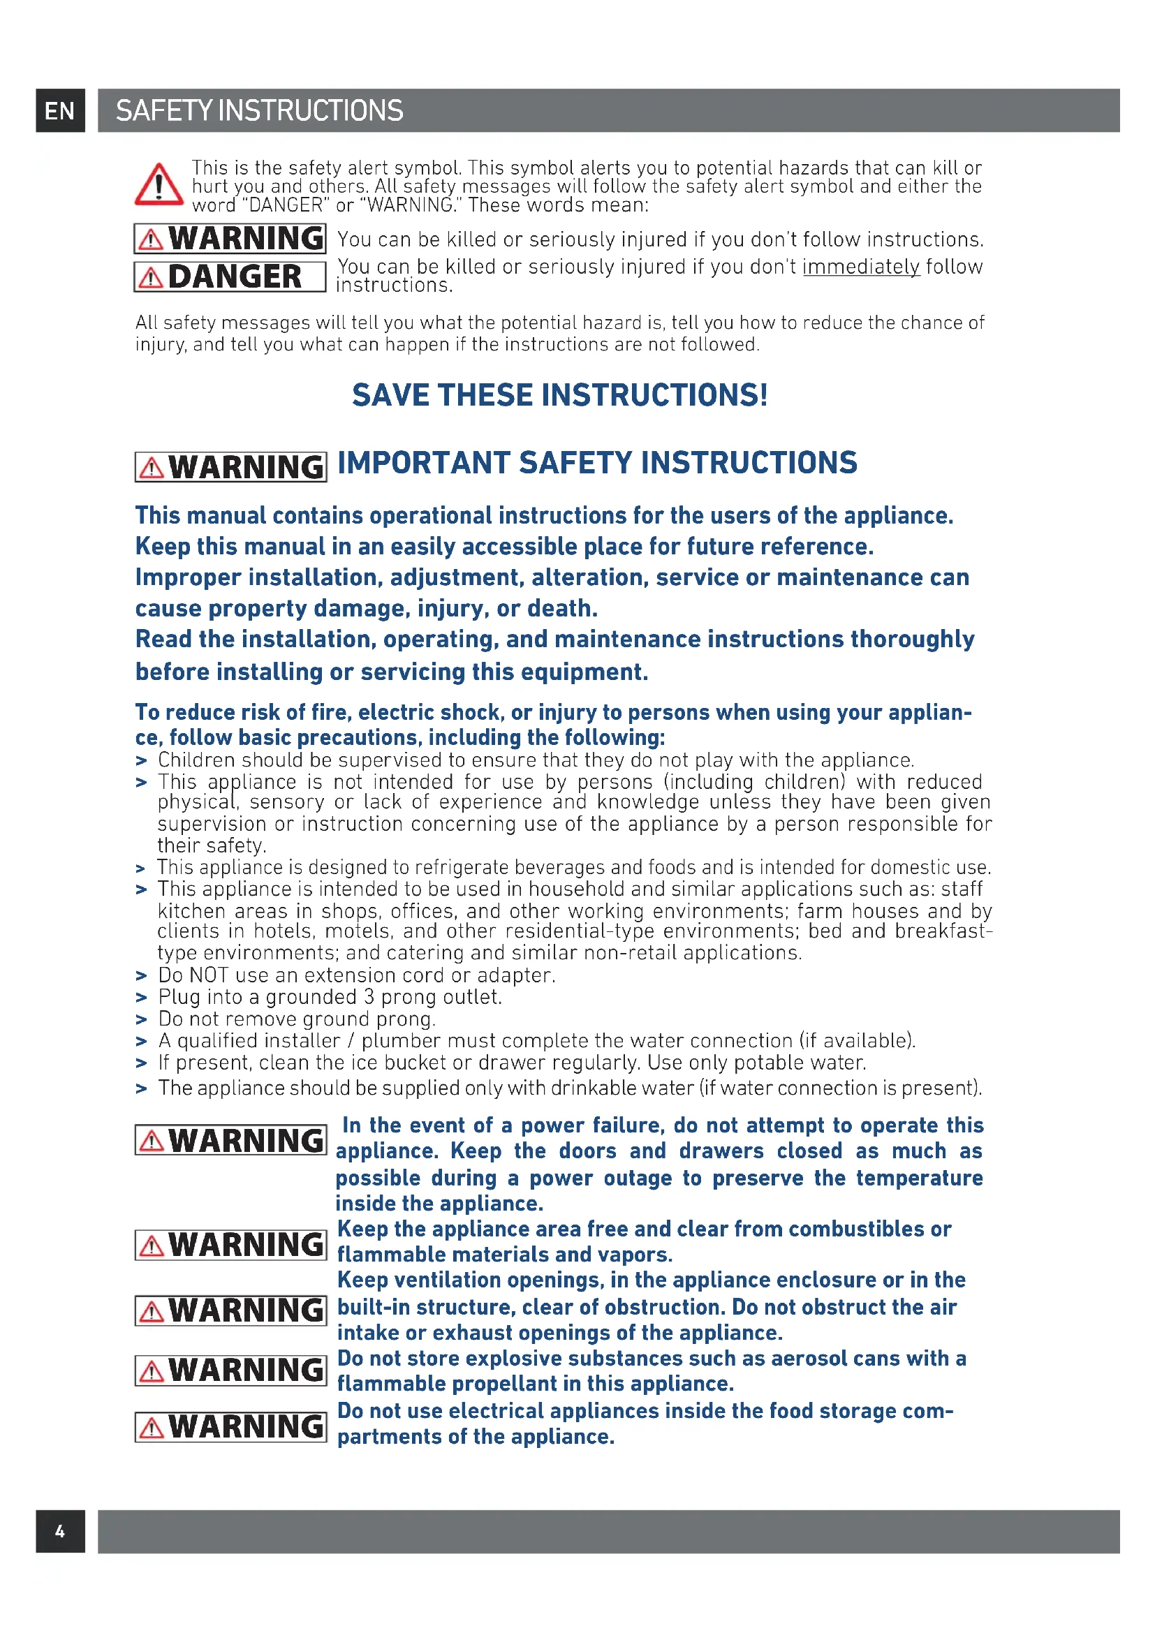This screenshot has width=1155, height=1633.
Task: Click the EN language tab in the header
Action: pyautogui.click(x=60, y=111)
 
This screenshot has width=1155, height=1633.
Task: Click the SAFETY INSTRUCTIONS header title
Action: pyautogui.click(x=259, y=111)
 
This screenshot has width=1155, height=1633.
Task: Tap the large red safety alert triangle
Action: pyautogui.click(x=159, y=185)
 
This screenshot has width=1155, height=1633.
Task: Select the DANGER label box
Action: pyautogui.click(x=230, y=276)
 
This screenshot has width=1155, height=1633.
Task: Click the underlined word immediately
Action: pyautogui.click(x=860, y=267)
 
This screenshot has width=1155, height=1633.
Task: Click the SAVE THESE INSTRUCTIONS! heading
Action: pyautogui.click(x=560, y=395)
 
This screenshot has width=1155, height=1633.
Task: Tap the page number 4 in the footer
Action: pyautogui.click(x=60, y=1530)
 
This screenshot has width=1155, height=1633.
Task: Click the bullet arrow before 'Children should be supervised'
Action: pyautogui.click(x=141, y=761)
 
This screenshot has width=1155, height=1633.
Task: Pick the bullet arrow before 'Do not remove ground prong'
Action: pyautogui.click(x=141, y=1020)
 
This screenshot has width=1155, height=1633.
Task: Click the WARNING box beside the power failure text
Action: pyautogui.click(x=230, y=1140)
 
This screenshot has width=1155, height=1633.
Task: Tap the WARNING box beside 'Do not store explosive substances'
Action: pyautogui.click(x=230, y=1370)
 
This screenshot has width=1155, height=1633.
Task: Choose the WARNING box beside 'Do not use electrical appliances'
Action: pyautogui.click(x=230, y=1426)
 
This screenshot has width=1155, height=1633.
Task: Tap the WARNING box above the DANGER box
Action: pyautogui.click(x=230, y=238)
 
